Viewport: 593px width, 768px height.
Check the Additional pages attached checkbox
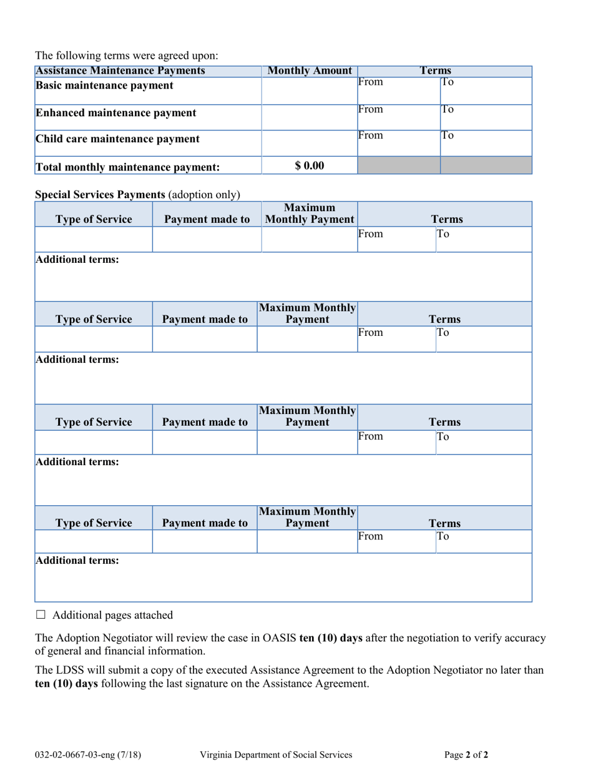click(x=41, y=615)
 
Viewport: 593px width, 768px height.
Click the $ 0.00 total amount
click(x=310, y=165)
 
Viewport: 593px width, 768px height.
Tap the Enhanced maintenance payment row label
click(x=115, y=113)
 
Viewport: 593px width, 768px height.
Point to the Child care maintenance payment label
click(x=117, y=139)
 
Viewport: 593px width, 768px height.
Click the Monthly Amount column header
click(x=310, y=71)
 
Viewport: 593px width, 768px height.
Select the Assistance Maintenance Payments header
click(x=120, y=71)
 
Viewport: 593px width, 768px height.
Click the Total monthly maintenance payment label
click(x=127, y=167)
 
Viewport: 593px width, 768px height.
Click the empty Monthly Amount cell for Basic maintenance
click(x=310, y=91)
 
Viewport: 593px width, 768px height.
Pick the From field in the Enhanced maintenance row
click(x=398, y=117)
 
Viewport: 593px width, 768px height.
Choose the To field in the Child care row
click(x=486, y=142)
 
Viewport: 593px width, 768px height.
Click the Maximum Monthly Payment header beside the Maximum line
click(x=310, y=214)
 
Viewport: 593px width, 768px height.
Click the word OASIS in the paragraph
click(x=280, y=638)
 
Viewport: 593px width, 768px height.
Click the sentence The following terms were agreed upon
click(x=127, y=56)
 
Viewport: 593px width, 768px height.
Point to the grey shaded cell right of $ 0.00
click(x=398, y=165)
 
